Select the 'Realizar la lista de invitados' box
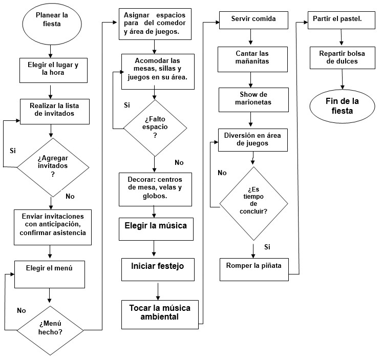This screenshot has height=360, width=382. click(x=52, y=109)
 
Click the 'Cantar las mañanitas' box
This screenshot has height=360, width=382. click(x=252, y=59)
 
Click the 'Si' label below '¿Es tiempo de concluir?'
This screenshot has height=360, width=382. click(x=267, y=247)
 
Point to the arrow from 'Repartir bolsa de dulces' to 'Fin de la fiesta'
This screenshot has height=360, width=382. click(x=342, y=79)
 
